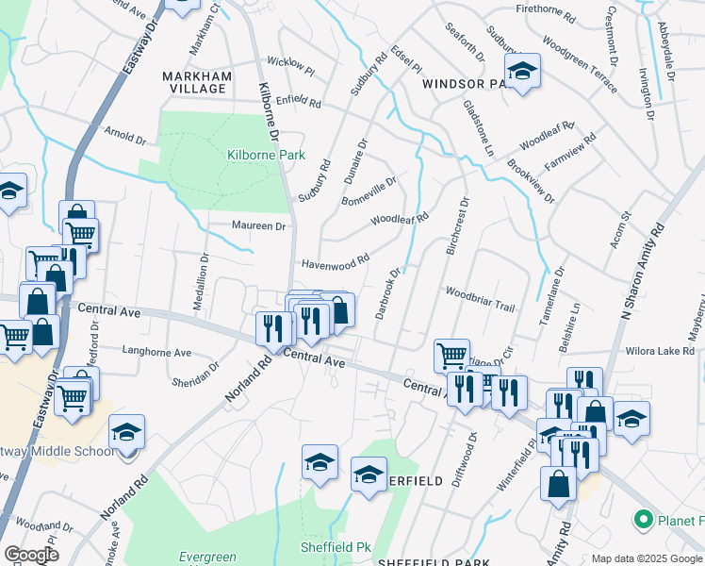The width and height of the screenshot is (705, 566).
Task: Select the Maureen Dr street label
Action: [258, 226]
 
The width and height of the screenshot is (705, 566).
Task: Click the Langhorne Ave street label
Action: [156, 353]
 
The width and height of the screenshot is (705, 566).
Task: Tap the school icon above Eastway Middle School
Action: [126, 431]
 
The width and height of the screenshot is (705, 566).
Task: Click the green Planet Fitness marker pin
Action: [644, 519]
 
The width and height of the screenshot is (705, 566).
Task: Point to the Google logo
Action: [30, 555]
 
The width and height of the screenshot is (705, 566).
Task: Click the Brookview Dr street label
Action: [530, 177]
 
